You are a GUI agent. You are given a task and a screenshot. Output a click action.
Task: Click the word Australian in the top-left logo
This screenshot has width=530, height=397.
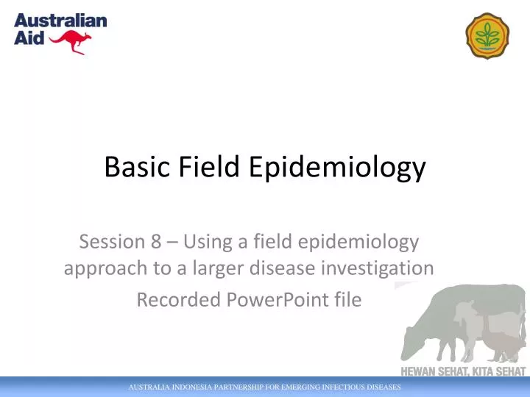60,21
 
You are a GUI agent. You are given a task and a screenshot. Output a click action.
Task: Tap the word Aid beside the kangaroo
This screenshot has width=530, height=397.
28,38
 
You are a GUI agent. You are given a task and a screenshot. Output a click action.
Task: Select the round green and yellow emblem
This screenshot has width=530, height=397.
487,35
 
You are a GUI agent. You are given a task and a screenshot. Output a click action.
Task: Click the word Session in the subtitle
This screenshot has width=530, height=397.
109,240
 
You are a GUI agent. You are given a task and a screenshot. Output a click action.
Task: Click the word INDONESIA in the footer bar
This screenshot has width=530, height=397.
188,387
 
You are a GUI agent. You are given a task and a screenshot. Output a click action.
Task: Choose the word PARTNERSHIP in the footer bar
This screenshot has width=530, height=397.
242,387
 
